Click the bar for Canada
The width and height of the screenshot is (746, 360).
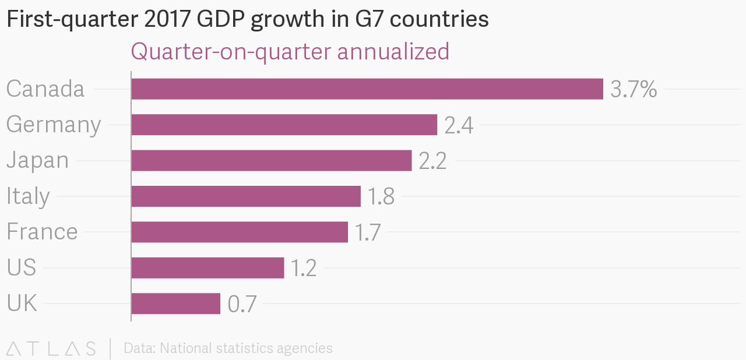pos(367,89)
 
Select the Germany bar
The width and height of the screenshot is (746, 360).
pos(284,125)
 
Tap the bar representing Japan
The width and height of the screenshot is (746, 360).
pos(271,160)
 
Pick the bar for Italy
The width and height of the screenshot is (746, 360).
pos(246,196)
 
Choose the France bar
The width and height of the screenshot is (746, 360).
pos(239,232)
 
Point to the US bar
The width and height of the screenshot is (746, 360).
pos(208,268)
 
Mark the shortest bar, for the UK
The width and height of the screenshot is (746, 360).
pos(176,303)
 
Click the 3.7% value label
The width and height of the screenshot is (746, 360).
pos(633,90)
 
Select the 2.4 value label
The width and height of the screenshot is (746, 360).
pos(459,126)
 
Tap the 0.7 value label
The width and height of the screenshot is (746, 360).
pos(242,305)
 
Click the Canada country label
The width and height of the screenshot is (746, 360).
pos(45,90)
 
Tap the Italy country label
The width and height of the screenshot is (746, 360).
pos(28,197)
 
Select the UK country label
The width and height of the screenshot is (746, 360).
pos(22,304)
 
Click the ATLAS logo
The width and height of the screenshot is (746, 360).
pos(52,348)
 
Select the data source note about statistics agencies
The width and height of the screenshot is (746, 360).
pos(228,348)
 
